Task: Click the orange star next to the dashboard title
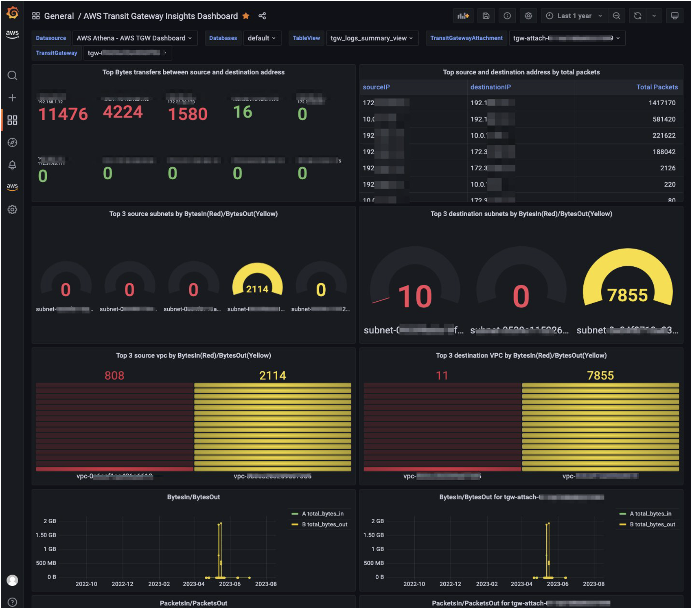coord(246,16)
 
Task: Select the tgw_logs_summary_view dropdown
coord(372,38)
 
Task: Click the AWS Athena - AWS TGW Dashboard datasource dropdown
coord(134,38)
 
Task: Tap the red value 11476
coord(63,114)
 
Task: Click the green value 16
coord(243,112)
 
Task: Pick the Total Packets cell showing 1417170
coord(662,103)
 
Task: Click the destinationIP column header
coord(490,87)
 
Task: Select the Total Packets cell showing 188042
coord(664,152)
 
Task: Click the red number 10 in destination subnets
coord(415,296)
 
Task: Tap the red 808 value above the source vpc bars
coord(114,375)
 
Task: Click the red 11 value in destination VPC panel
coord(442,375)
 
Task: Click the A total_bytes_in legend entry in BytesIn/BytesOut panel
coord(322,514)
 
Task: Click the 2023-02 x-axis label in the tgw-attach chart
coord(486,584)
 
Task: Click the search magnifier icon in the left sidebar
coord(12,76)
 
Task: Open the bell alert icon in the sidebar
coord(12,165)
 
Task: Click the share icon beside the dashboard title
coord(262,16)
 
